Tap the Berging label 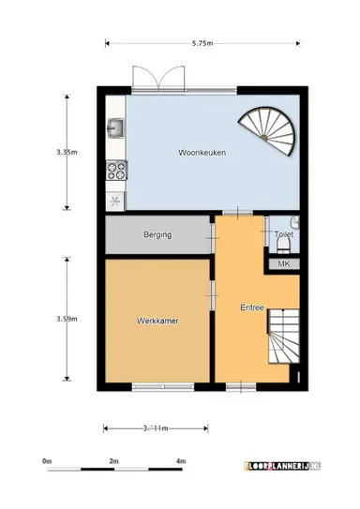[157, 234]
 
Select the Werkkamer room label [157, 320]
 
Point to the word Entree [251, 307]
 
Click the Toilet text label [283, 234]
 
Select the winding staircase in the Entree [283, 340]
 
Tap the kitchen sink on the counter [117, 127]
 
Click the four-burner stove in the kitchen [117, 170]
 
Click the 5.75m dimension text [202, 42]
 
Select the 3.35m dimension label [65, 151]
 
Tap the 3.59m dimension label [65, 320]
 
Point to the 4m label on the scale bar [180, 461]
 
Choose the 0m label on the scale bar [46, 461]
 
